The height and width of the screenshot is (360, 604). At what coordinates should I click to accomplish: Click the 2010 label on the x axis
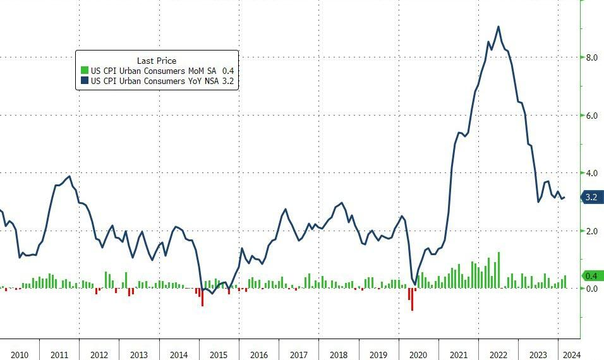(x=19, y=354)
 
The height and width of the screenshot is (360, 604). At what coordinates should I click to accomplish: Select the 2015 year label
(x=219, y=354)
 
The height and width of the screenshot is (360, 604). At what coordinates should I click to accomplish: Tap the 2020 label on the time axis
(x=418, y=354)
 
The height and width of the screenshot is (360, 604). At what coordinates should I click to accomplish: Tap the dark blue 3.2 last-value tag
(x=592, y=197)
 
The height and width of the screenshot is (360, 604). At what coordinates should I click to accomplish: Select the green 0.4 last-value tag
(x=592, y=276)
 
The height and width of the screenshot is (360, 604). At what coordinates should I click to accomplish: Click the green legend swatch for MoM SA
(x=85, y=71)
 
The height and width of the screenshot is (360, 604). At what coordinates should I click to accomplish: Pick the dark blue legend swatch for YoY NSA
(x=85, y=81)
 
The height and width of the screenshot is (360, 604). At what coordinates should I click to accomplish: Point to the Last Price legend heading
(x=157, y=61)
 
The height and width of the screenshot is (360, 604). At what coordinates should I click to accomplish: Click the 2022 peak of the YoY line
(x=498, y=27)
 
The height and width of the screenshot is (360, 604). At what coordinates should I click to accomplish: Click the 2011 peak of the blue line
(x=69, y=176)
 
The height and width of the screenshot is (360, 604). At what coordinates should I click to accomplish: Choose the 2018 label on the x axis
(x=339, y=354)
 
